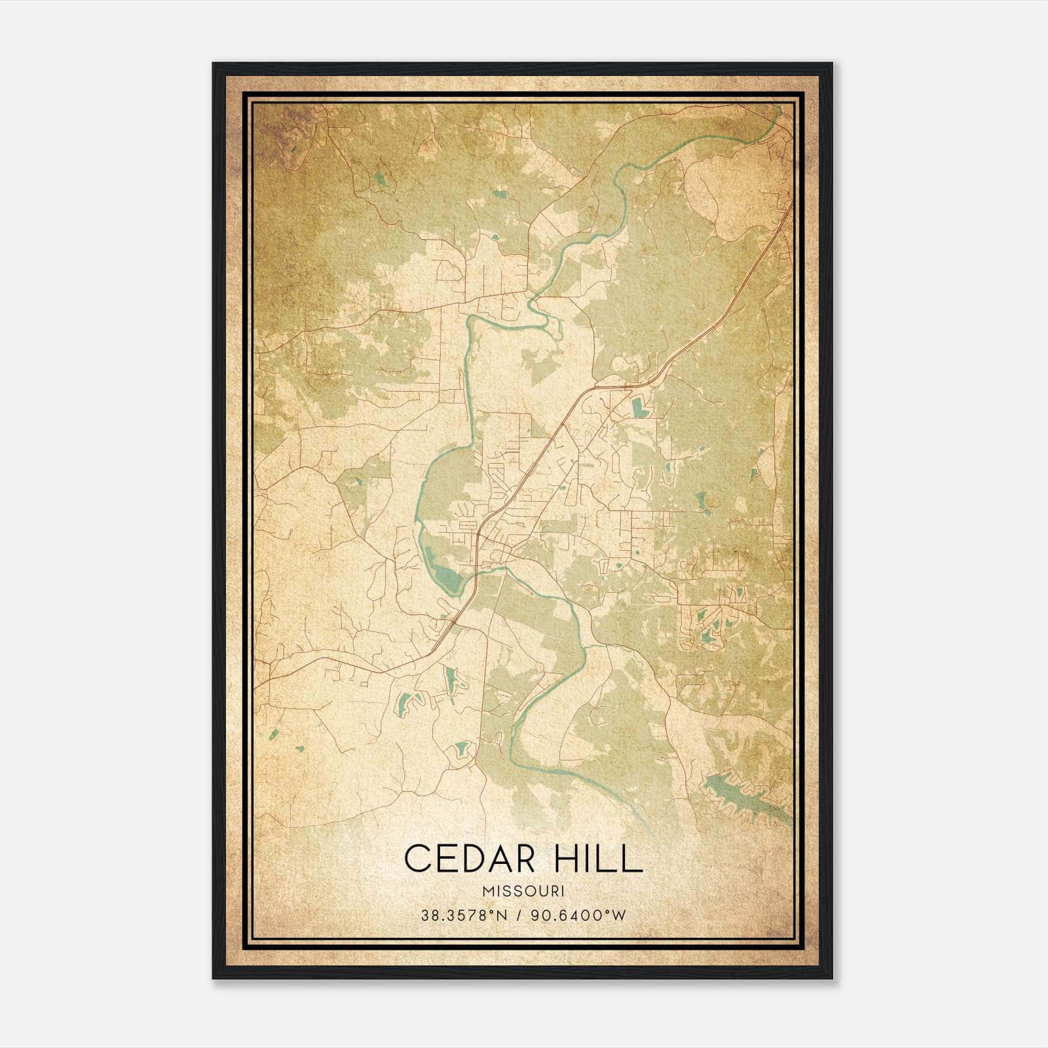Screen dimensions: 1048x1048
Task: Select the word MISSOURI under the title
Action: [523, 891]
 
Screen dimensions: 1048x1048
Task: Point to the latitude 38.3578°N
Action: [465, 915]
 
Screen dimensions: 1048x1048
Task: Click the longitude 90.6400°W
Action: [579, 915]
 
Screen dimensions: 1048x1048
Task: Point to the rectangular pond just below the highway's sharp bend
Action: [639, 409]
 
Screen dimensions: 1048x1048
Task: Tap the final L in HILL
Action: [633, 858]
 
